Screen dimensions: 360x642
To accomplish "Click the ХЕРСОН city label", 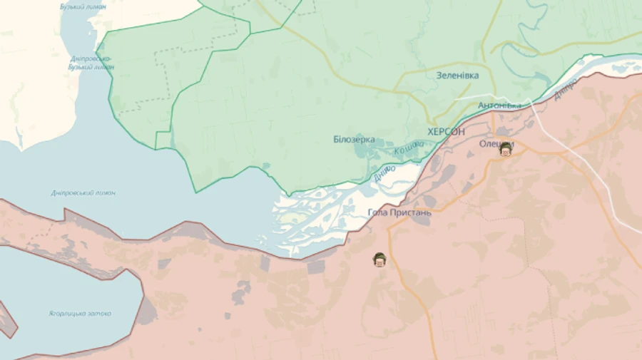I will coord(446,132).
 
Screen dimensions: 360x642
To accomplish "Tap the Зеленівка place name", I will coord(457,75).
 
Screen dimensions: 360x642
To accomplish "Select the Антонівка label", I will coord(499,106).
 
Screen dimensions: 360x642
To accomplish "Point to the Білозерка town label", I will coord(354,139).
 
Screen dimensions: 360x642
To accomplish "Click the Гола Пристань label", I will coord(399,212).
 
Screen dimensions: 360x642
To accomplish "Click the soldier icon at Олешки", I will coord(506,148).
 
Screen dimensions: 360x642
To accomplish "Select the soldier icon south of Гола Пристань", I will coord(379,259).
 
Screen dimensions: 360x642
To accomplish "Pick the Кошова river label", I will coord(409,148).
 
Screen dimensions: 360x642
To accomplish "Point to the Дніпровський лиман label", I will coord(83,192).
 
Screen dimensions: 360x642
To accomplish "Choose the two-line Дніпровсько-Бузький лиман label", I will coord(91,63).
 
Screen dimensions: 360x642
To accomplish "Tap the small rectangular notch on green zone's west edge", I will coord(163,140).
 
